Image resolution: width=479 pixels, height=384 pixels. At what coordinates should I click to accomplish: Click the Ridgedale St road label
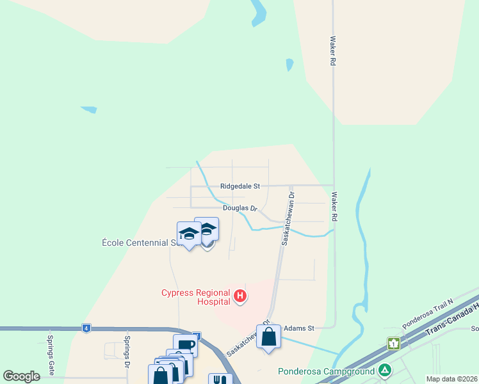tap(239, 186)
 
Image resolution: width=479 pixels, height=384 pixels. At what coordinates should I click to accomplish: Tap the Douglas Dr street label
tap(239, 208)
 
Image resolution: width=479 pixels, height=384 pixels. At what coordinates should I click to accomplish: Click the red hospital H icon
tap(240, 296)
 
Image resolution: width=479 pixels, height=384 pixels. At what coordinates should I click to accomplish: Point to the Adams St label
tap(299, 328)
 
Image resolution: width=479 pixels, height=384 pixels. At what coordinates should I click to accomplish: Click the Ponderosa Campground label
tap(327, 371)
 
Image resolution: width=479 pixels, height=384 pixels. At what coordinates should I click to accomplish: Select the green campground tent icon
tap(384, 370)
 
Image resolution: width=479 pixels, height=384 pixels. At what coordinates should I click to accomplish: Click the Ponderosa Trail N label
tap(428, 312)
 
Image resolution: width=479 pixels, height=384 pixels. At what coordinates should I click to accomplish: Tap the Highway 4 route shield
tap(86, 328)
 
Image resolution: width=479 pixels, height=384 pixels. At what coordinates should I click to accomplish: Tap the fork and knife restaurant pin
tap(220, 380)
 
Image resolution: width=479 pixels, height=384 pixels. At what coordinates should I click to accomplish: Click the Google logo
tap(21, 376)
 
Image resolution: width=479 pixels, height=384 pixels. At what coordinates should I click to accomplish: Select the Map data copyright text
tap(451, 379)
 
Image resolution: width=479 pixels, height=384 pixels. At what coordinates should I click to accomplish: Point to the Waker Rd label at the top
tap(333, 51)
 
